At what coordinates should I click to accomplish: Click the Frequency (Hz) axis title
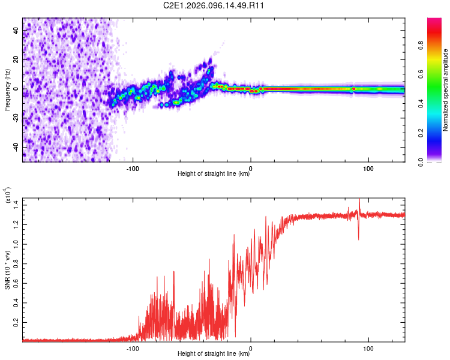coord(7,89)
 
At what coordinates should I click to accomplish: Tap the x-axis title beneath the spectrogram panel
coord(214,174)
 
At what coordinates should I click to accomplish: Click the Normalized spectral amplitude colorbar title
coord(446,90)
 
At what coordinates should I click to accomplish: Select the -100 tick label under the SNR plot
coord(133,347)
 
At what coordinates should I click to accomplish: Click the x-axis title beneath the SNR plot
coord(214,354)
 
